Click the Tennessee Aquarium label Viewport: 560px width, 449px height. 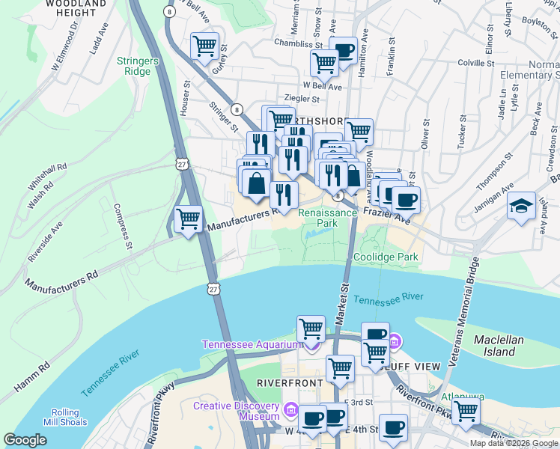251,344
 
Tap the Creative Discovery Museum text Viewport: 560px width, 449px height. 237,406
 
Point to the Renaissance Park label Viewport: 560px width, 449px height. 328,218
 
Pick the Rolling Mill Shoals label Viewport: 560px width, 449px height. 70,418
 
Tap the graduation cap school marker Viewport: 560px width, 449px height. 520,206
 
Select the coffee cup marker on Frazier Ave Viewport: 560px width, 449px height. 406,199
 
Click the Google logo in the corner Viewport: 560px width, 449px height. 25,440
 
